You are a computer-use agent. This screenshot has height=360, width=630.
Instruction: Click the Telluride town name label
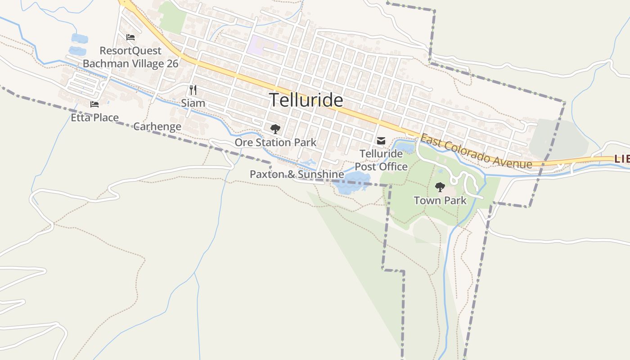tap(306, 100)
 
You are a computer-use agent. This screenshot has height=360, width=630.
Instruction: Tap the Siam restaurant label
tap(193, 103)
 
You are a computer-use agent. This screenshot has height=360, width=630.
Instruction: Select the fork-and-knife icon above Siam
tap(193, 90)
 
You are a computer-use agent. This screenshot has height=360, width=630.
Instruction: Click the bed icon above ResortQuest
tap(130, 37)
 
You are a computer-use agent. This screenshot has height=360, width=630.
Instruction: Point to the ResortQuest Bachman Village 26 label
tap(130, 57)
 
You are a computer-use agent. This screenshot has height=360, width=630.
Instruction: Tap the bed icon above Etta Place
tap(94, 104)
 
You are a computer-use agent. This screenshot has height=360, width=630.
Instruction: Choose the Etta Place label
tap(94, 118)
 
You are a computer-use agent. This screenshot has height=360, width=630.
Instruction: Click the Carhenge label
tap(157, 126)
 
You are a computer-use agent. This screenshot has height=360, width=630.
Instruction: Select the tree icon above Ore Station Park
tap(275, 130)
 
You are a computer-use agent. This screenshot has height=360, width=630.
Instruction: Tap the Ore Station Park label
tap(275, 143)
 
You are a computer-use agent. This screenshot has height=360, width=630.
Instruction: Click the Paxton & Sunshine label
tap(297, 174)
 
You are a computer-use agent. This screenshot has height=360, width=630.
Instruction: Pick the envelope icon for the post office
tap(381, 141)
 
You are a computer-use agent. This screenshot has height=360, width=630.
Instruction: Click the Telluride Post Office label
tap(381, 160)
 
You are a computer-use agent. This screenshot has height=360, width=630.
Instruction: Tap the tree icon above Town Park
tap(440, 187)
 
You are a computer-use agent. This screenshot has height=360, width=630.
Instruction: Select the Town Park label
tap(440, 200)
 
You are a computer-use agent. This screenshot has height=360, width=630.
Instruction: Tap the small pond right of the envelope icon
tap(405, 148)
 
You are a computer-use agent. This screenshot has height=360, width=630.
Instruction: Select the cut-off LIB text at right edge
tap(622, 159)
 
